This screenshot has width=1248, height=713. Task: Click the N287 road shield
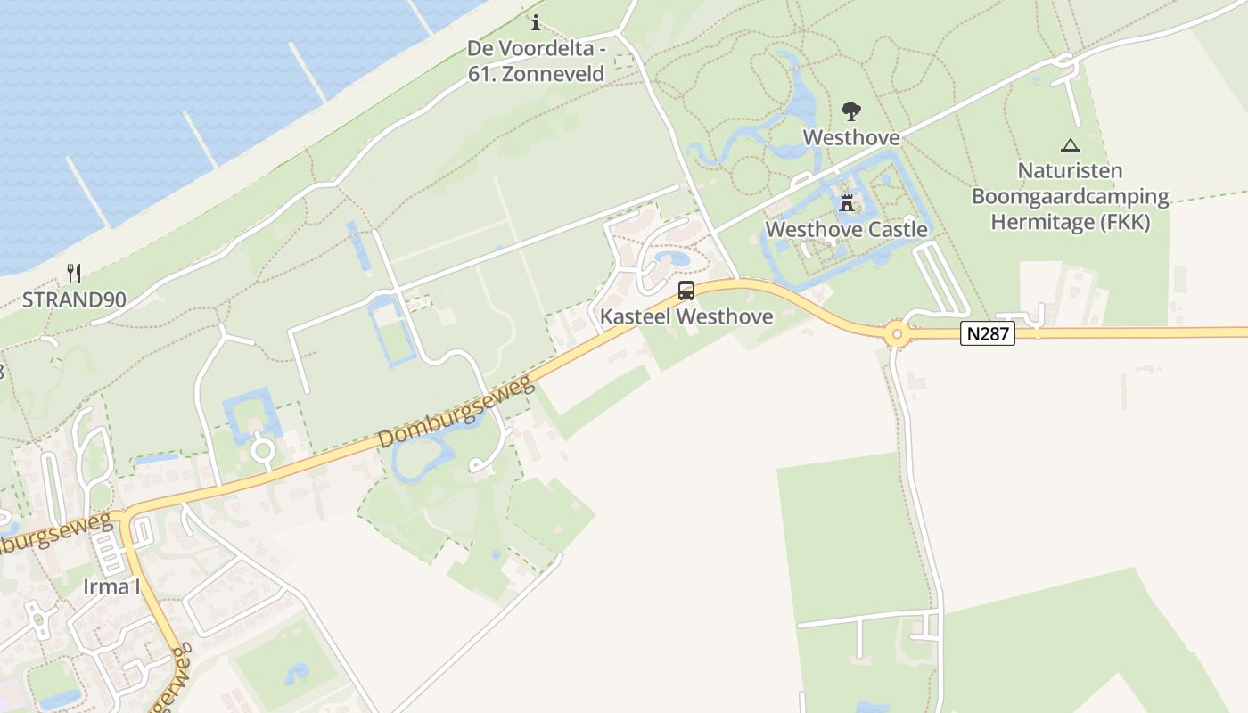(988, 334)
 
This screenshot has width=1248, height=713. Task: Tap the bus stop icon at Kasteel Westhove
(686, 290)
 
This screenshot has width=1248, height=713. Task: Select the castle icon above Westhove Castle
(847, 203)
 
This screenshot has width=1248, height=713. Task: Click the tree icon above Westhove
(851, 111)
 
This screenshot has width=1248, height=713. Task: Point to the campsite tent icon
(1071, 145)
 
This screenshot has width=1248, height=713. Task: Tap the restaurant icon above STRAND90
(74, 274)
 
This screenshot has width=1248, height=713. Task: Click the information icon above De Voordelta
(536, 22)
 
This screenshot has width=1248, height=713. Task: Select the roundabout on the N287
(897, 335)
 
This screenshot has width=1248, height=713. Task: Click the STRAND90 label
(74, 299)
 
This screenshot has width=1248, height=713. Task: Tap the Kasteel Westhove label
(686, 316)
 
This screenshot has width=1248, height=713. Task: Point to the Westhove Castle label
(847, 229)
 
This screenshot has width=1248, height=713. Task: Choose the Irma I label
(111, 586)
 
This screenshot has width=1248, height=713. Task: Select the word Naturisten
(1071, 170)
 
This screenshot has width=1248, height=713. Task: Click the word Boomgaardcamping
(1071, 196)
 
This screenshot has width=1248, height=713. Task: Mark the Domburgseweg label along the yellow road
(456, 412)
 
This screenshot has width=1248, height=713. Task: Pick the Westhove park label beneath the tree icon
(851, 137)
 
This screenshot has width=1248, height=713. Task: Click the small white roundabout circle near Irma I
(262, 450)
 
